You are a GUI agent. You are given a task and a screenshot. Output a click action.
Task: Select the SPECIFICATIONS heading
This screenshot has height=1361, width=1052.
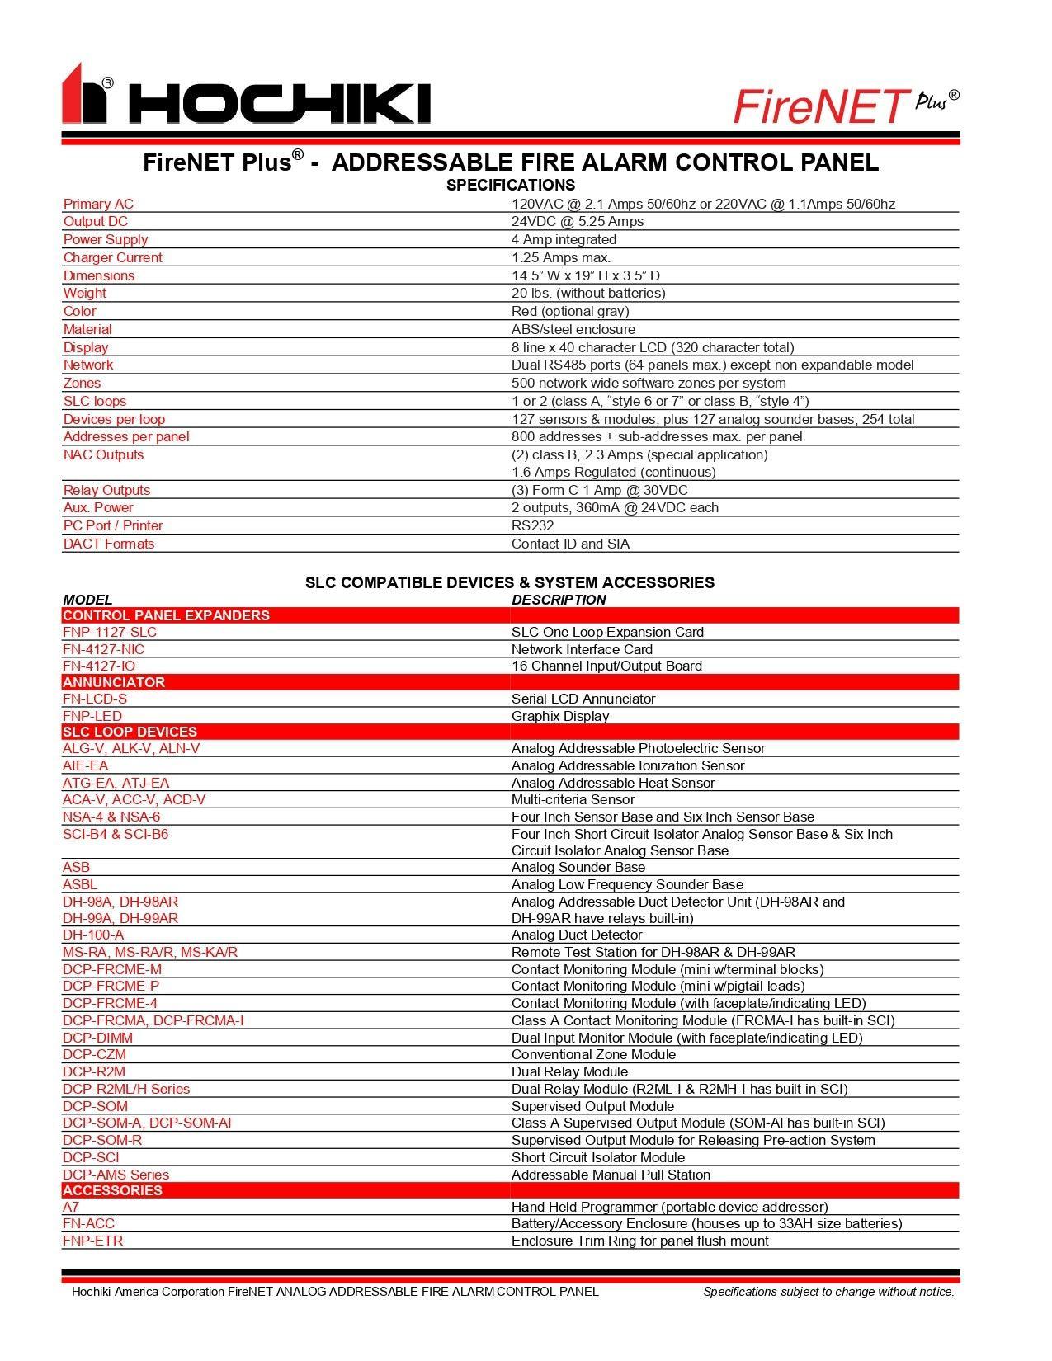coord(511,185)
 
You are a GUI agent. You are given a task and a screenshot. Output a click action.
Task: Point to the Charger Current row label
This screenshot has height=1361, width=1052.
coord(113,257)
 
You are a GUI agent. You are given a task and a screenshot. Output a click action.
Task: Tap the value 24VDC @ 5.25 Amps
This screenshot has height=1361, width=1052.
coord(578,221)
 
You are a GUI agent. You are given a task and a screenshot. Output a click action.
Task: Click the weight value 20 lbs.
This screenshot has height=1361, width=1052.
coord(588,293)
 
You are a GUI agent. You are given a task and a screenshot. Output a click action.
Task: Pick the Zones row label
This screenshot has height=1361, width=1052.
coord(83,383)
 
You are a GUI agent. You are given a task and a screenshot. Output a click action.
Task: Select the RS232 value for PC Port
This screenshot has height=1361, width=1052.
coord(532,525)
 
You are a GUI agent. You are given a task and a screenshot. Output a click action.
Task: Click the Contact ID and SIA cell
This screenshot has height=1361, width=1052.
coord(570,544)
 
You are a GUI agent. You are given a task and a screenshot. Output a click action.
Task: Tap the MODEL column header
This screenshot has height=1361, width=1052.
coord(87,600)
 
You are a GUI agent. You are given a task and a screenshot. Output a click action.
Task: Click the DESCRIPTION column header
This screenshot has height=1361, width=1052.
coord(559,600)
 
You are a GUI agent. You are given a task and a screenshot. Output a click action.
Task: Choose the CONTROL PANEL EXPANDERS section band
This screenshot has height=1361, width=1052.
coord(166,615)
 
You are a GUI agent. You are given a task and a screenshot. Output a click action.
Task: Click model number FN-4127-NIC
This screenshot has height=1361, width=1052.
coord(103,649)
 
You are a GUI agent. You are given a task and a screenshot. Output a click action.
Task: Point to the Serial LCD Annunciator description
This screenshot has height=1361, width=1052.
coord(583,699)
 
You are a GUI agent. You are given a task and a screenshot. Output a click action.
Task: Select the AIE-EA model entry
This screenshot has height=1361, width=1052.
coord(85,765)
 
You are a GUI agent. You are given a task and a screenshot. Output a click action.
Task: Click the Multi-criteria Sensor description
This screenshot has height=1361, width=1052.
coord(582,799)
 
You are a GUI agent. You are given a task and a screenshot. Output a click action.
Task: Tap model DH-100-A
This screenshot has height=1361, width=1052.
coord(93,935)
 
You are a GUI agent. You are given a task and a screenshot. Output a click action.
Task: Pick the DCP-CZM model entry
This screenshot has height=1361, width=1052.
coord(94,1054)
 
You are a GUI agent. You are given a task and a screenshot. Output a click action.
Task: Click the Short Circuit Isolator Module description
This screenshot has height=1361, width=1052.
coord(598,1157)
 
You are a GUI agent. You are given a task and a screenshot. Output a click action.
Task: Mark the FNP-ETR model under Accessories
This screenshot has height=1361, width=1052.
coord(92,1241)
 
